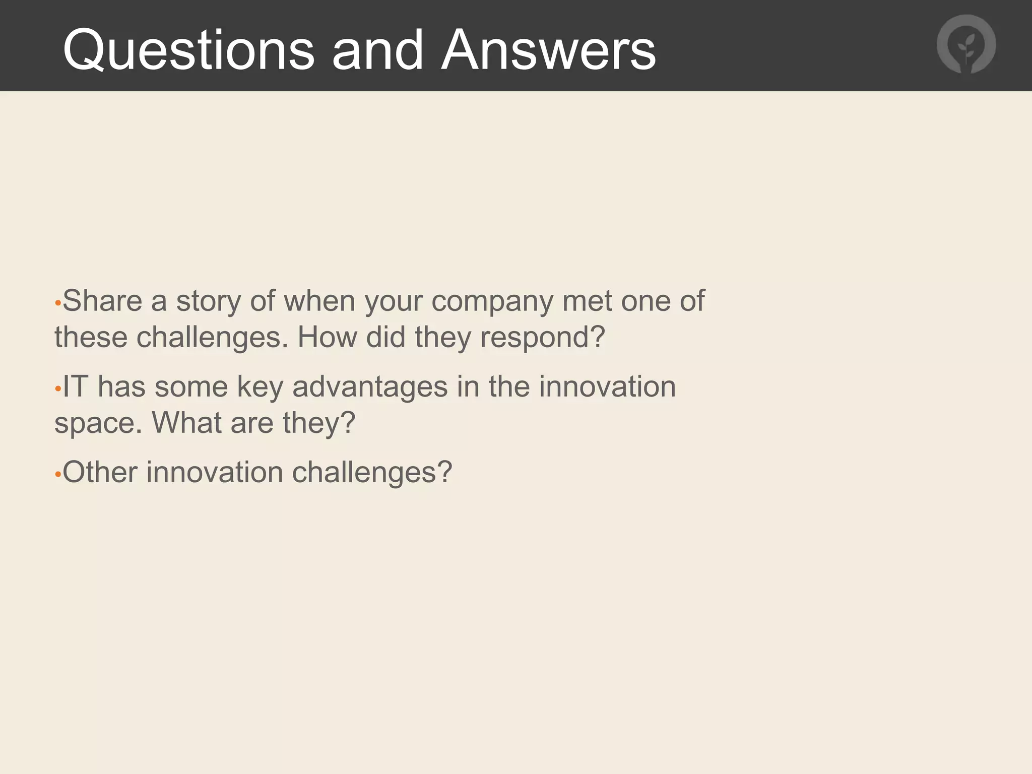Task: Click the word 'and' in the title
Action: click(377, 50)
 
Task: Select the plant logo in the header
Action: click(966, 45)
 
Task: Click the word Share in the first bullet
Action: click(102, 301)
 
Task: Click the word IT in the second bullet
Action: click(75, 386)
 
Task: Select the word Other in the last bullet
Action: click(100, 472)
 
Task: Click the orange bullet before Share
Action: click(58, 304)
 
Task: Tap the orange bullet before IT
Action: click(58, 390)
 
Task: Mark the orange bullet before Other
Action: click(58, 475)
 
